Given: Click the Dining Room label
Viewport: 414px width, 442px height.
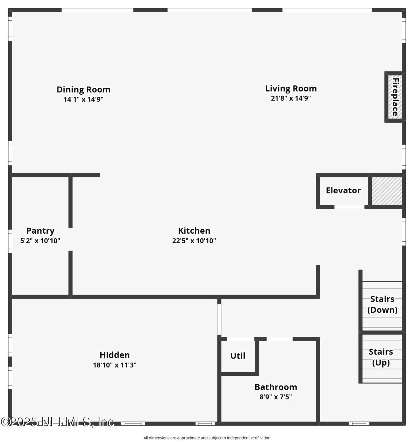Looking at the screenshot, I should [83, 89].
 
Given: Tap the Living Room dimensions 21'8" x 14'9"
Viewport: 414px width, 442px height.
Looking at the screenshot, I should [291, 98].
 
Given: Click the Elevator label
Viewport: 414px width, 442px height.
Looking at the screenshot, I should [343, 190].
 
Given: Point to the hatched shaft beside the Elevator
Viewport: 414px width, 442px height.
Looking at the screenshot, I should [386, 191].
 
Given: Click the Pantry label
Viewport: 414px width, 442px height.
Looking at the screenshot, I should [40, 230].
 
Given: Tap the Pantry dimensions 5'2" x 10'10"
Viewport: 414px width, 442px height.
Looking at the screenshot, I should [40, 241].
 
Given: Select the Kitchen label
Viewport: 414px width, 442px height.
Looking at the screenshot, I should [194, 230].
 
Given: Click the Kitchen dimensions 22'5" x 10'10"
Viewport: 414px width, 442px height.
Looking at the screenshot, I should [194, 241].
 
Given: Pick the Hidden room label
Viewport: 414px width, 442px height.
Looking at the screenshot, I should [114, 355].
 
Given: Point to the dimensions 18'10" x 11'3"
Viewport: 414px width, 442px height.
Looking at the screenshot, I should [114, 365].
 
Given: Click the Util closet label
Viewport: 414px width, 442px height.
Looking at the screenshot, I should [238, 356].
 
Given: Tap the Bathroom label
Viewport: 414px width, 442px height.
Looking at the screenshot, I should [276, 387].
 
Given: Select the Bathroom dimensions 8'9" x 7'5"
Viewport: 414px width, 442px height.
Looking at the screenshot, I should [276, 397].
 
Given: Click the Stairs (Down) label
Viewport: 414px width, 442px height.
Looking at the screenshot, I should [382, 304].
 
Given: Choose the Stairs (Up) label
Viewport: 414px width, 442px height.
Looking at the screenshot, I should [381, 357].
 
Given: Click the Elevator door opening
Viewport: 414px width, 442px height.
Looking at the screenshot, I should [349, 207].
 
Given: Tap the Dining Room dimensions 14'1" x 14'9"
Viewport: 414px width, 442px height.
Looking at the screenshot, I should [83, 99].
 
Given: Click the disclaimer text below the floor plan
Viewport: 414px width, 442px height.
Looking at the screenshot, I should [207, 438].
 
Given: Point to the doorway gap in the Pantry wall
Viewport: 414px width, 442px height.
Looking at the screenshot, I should [70, 239].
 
